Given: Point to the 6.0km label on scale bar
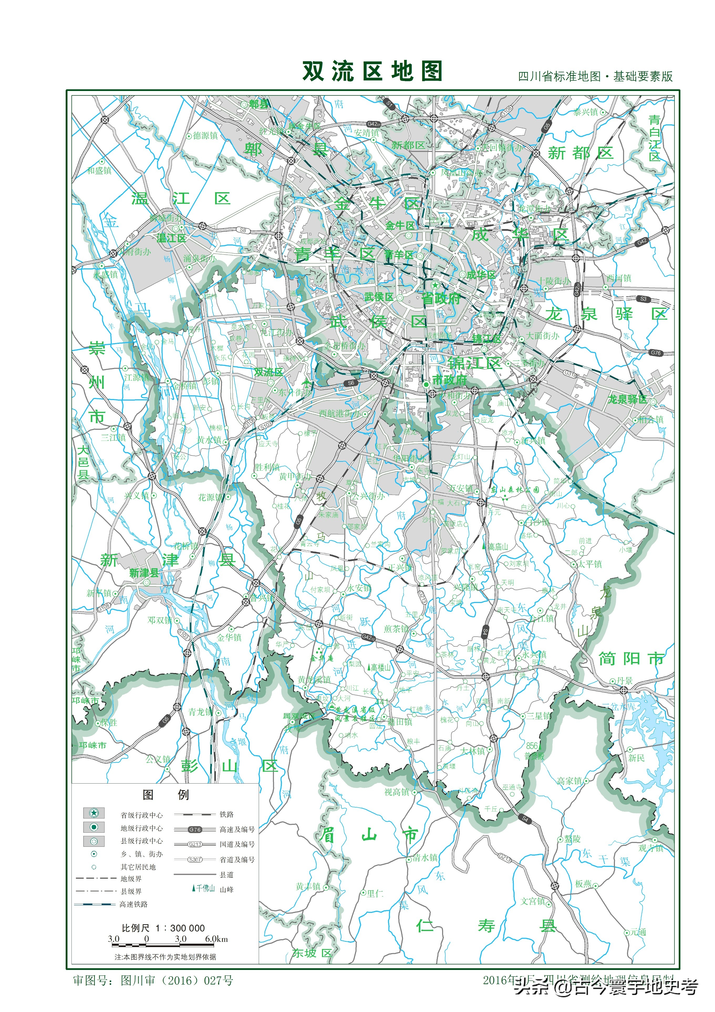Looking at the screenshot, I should coord(216,939).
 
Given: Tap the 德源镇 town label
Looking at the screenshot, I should coord(205,136).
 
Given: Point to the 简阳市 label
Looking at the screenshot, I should coord(631,659).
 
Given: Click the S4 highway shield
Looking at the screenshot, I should coord(525,819).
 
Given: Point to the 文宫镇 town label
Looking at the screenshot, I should coord(533,901).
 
